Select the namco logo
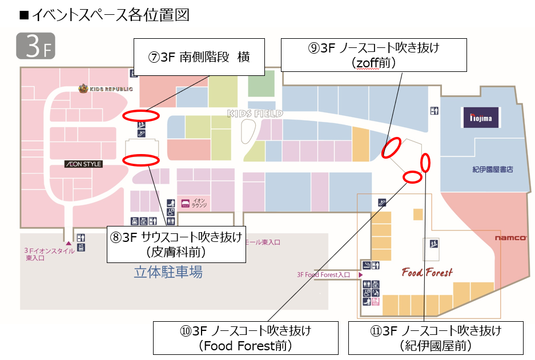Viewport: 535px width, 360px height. pyautogui.click(x=510, y=237)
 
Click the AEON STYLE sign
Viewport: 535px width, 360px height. pyautogui.click(x=83, y=164)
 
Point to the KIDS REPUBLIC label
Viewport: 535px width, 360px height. pyautogui.click(x=106, y=88)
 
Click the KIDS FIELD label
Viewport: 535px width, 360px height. pyautogui.click(x=255, y=114)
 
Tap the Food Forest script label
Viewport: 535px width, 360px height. pyautogui.click(x=427, y=272)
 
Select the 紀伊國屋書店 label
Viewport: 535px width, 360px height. pyautogui.click(x=493, y=169)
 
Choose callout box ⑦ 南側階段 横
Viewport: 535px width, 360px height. pyautogui.click(x=199, y=57)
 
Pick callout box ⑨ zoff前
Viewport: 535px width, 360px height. pyautogui.click(x=374, y=55)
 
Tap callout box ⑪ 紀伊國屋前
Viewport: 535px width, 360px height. pyautogui.click(x=436, y=338)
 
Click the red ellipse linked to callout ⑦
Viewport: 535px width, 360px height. pyautogui.click(x=138, y=116)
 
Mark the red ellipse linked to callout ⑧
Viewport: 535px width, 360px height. pyautogui.click(x=140, y=160)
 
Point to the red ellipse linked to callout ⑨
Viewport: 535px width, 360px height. pyautogui.click(x=391, y=148)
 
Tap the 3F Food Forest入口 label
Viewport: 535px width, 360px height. pyautogui.click(x=323, y=274)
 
